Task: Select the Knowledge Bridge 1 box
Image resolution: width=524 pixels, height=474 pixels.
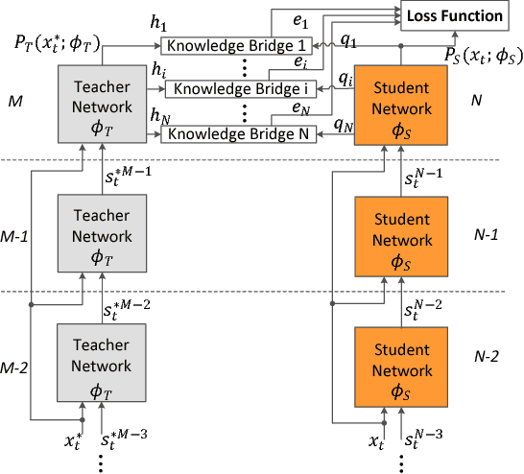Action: tap(238, 45)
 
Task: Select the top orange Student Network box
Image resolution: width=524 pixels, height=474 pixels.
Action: tap(402, 104)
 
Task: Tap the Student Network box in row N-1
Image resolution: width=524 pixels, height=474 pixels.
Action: tap(402, 234)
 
